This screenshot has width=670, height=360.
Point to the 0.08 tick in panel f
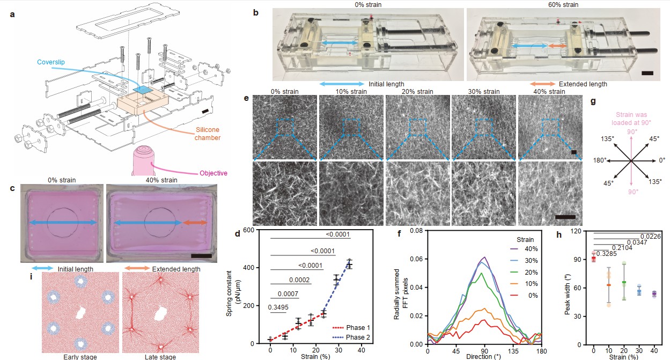(x=416, y=230)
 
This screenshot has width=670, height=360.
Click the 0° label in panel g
(x=661, y=160)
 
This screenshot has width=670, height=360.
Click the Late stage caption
(x=160, y=356)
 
